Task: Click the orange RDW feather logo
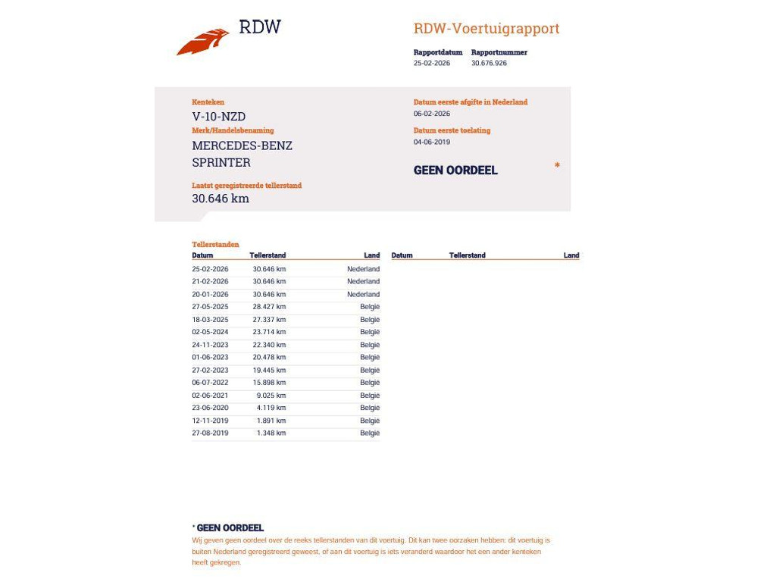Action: pyautogui.click(x=203, y=42)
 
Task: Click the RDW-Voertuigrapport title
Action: pyautogui.click(x=487, y=29)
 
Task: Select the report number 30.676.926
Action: pyautogui.click(x=489, y=64)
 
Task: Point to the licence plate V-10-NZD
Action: pyautogui.click(x=218, y=117)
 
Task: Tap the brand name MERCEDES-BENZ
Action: pyautogui.click(x=242, y=145)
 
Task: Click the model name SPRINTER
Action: pyautogui.click(x=221, y=162)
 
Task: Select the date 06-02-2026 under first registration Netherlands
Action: pyautogui.click(x=432, y=114)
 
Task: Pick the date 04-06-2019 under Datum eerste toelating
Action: pyautogui.click(x=432, y=142)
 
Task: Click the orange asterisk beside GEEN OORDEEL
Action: pyautogui.click(x=557, y=166)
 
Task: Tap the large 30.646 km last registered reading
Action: pyautogui.click(x=221, y=199)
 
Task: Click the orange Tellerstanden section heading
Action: pyautogui.click(x=215, y=245)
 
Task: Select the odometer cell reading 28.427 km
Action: pyautogui.click(x=269, y=307)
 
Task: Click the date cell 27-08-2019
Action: pyautogui.click(x=210, y=433)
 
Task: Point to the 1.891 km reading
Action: pyautogui.click(x=271, y=421)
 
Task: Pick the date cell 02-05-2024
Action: pyautogui.click(x=210, y=332)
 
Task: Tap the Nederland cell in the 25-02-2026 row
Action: pyautogui.click(x=363, y=269)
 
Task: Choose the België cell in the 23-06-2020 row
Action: pyautogui.click(x=370, y=408)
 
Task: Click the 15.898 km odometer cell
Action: pyautogui.click(x=269, y=383)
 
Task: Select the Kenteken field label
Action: pyautogui.click(x=208, y=102)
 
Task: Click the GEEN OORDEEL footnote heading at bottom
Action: pyautogui.click(x=230, y=528)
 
